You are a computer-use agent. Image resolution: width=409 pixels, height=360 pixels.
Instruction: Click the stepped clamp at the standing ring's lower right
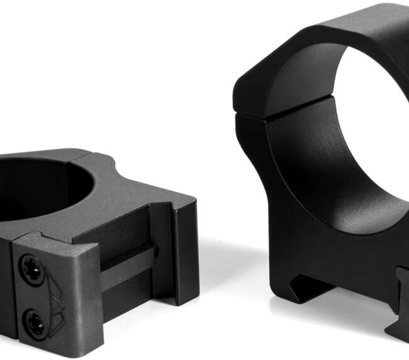[x=396, y=302]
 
